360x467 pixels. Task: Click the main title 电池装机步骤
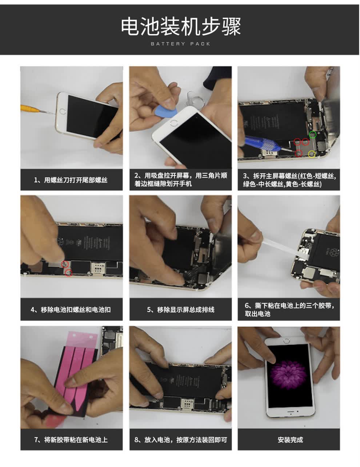coord(181,27)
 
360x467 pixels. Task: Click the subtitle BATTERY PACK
coord(180,44)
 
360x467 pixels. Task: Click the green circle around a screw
coord(313,135)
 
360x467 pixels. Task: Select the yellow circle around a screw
coord(312,154)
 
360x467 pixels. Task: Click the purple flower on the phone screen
coord(288,375)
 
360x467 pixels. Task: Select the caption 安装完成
coord(290,440)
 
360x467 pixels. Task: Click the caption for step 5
coord(180,310)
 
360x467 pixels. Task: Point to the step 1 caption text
coord(71,180)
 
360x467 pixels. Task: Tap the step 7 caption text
coord(71,440)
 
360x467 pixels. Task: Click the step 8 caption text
coord(180,440)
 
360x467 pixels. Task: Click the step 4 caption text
coord(71,310)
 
